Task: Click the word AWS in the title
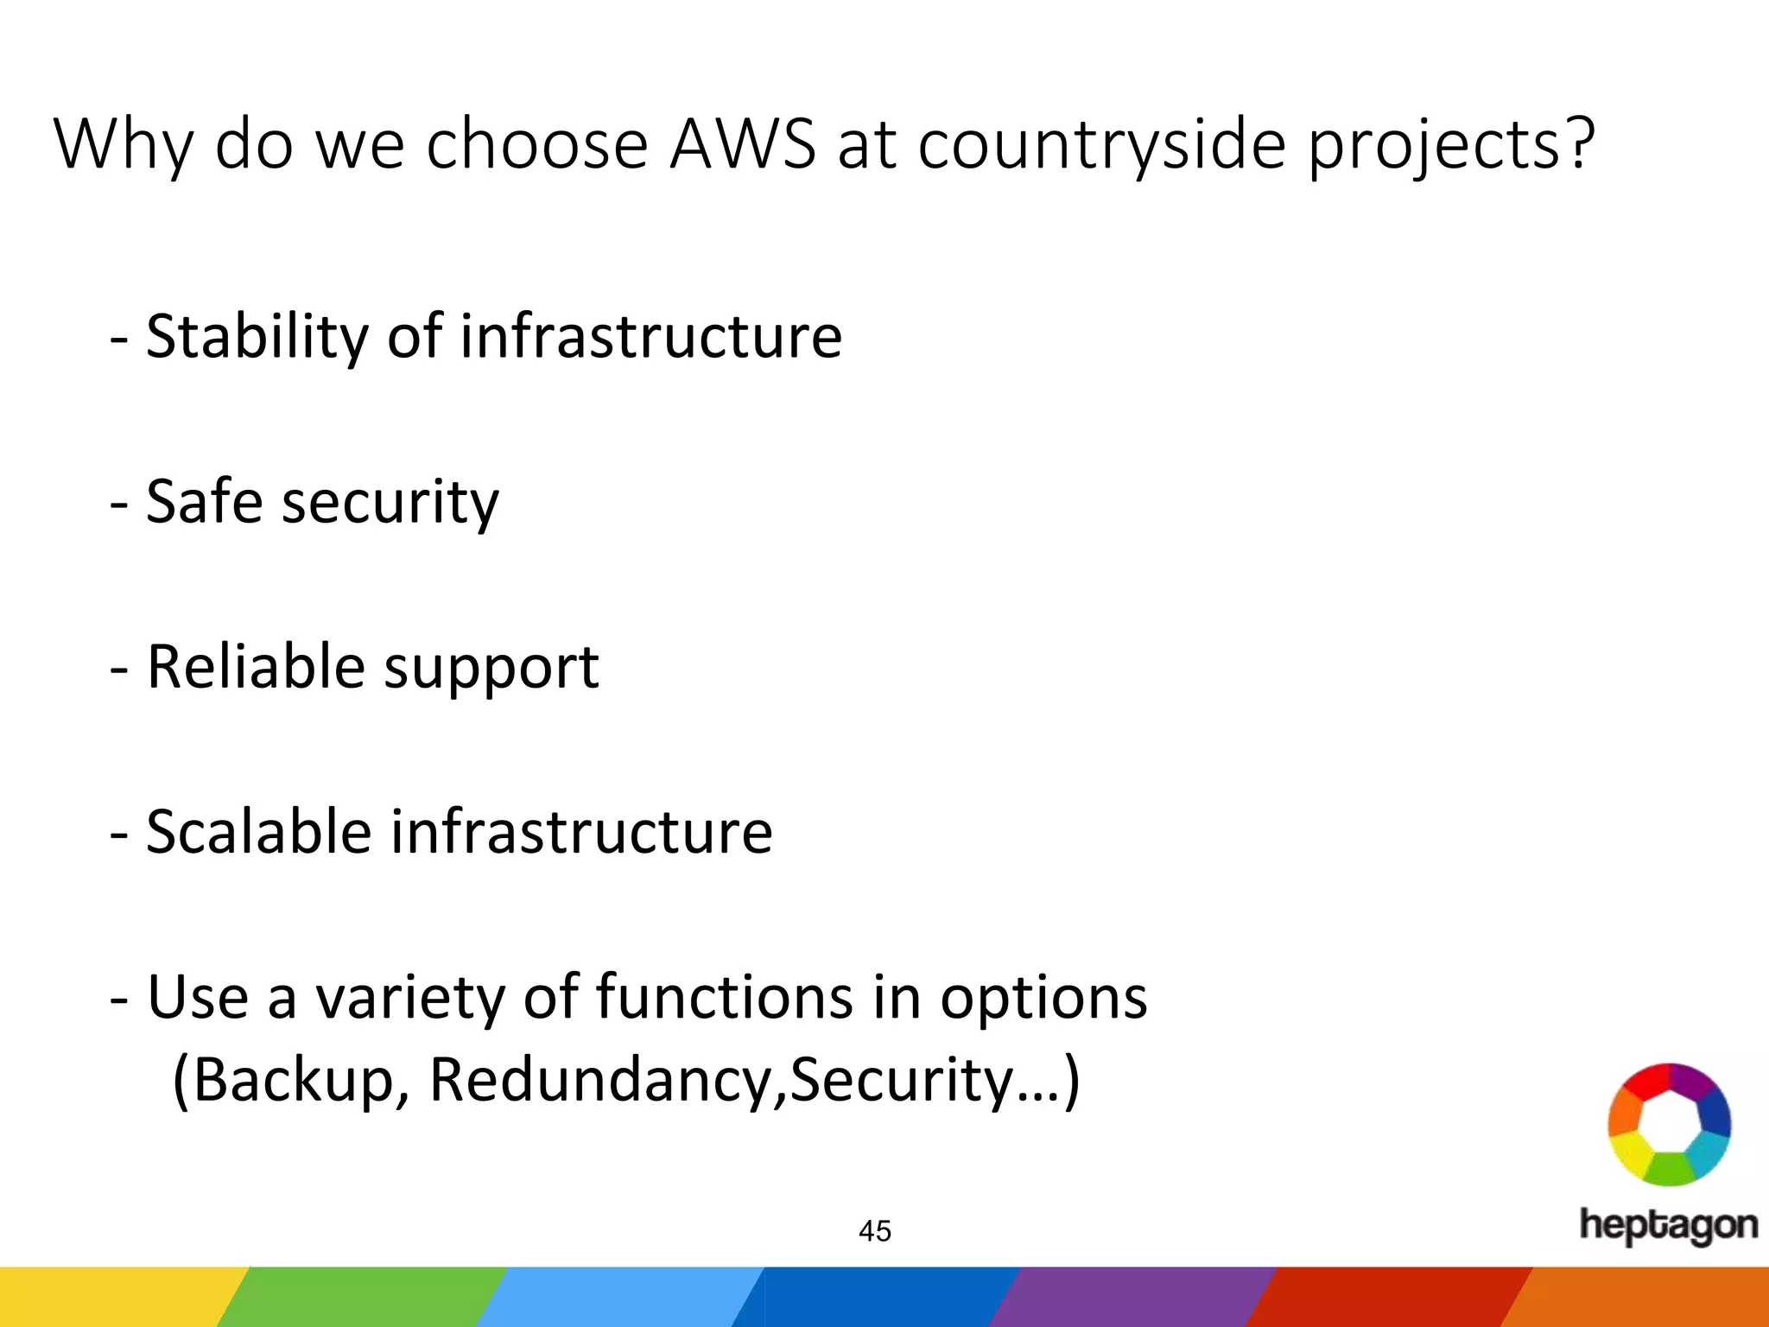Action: [x=742, y=143]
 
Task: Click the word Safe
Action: [x=204, y=501]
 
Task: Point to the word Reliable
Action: [x=256, y=667]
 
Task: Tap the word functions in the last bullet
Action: [x=725, y=998]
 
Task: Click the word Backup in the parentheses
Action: [x=293, y=1081]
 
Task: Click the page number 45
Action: [x=875, y=1231]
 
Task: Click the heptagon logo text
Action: [x=1668, y=1226]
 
